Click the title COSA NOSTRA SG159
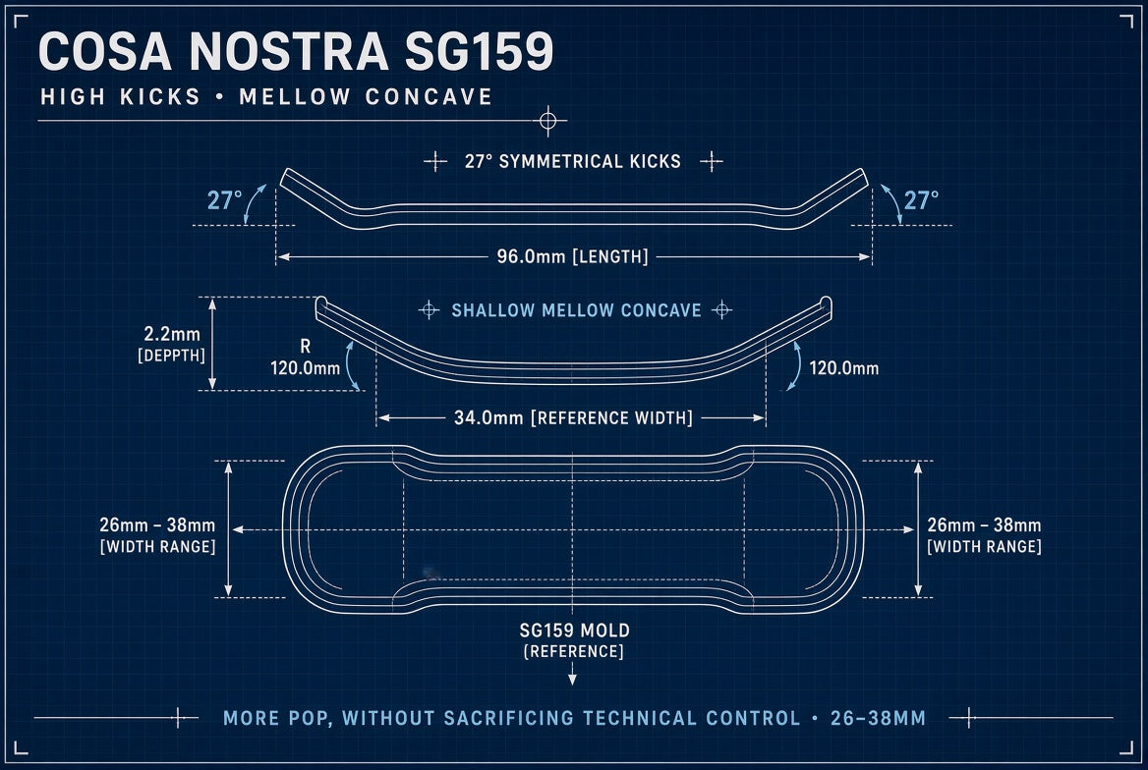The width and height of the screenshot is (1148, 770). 296,51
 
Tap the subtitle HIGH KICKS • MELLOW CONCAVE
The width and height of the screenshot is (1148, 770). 266,96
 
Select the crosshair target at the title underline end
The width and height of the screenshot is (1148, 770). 547,121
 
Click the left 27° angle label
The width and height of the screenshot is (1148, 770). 225,199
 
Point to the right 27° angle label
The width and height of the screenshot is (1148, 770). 921,199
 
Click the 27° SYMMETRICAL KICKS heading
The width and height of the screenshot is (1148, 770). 573,161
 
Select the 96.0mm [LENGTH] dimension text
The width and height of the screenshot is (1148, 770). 573,257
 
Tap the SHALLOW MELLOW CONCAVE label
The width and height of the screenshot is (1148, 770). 576,310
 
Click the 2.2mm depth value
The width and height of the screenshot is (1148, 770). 172,334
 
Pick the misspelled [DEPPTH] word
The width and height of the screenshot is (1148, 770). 171,355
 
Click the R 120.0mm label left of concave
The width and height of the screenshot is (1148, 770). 306,357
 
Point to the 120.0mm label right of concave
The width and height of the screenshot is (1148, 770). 843,367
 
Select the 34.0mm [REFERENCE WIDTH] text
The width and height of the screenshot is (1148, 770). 573,418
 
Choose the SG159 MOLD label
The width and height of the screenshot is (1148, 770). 575,631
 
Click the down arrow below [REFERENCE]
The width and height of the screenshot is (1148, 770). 573,674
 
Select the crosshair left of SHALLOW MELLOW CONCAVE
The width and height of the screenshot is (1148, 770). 429,310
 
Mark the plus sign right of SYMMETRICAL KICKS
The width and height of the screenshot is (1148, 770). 711,161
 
